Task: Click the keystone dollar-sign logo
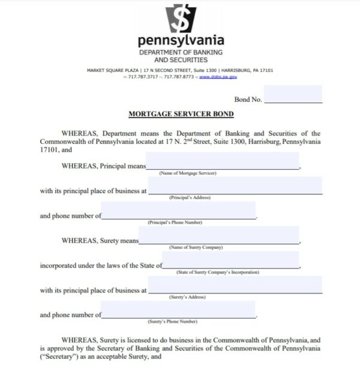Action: pyautogui.click(x=181, y=17)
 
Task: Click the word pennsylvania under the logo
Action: pyautogui.click(x=181, y=41)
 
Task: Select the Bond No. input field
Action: pyautogui.click(x=292, y=95)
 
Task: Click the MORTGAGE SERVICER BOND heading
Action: pyautogui.click(x=181, y=113)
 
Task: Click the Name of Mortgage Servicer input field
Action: pyautogui.click(x=223, y=161)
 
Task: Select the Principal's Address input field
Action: pyautogui.click(x=235, y=185)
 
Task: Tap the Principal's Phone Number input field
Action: pyautogui.click(x=179, y=210)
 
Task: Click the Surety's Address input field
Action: pyautogui.click(x=235, y=285)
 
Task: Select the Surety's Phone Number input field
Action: pyautogui.click(x=179, y=309)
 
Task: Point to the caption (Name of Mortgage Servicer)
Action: pyautogui.click(x=187, y=173)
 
